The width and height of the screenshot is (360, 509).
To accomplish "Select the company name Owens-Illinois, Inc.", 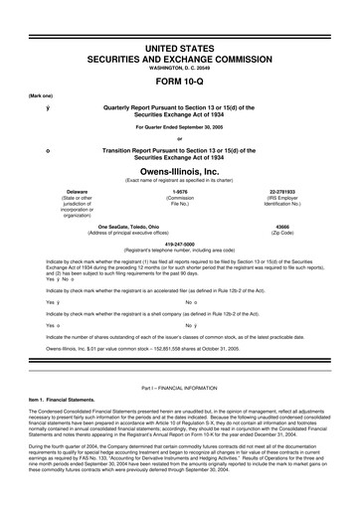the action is click(x=180, y=171).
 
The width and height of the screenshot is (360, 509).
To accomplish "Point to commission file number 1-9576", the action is click(x=180, y=190).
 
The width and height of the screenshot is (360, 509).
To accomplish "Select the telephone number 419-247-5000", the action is click(x=180, y=242).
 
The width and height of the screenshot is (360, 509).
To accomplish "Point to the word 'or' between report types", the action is click(x=180, y=138).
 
